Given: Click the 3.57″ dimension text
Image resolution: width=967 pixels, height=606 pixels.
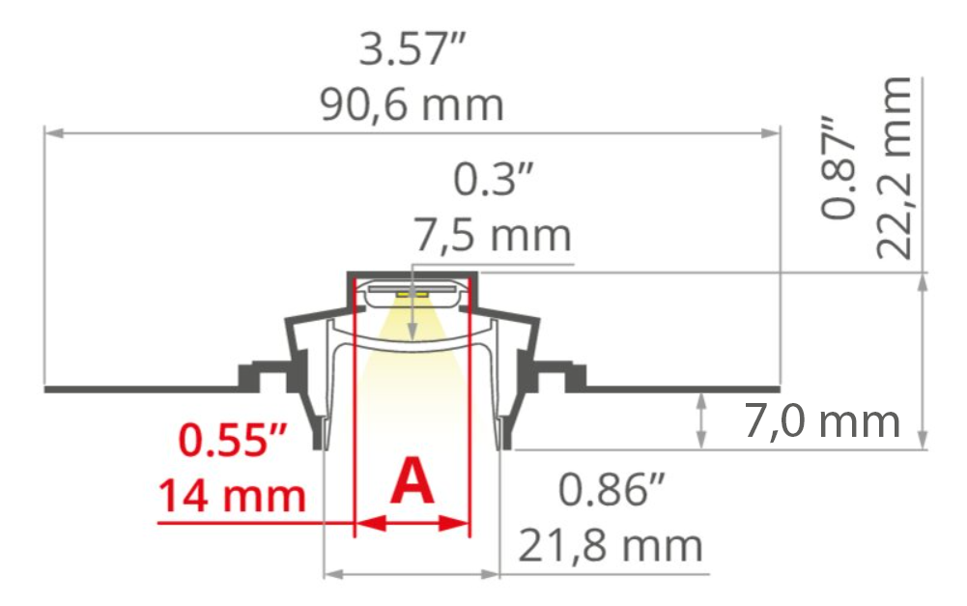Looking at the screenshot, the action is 412,48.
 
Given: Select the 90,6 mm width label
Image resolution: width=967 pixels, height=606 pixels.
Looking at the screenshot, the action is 412,104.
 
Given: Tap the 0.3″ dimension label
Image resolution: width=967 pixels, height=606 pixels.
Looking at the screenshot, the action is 492,180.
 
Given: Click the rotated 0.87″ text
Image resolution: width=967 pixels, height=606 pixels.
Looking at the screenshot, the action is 839,166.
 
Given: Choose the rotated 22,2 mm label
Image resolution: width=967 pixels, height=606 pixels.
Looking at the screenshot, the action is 894,167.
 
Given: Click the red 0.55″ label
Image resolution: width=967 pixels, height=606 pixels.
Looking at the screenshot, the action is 233,440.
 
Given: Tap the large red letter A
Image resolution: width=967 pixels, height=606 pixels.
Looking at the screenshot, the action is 412,480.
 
